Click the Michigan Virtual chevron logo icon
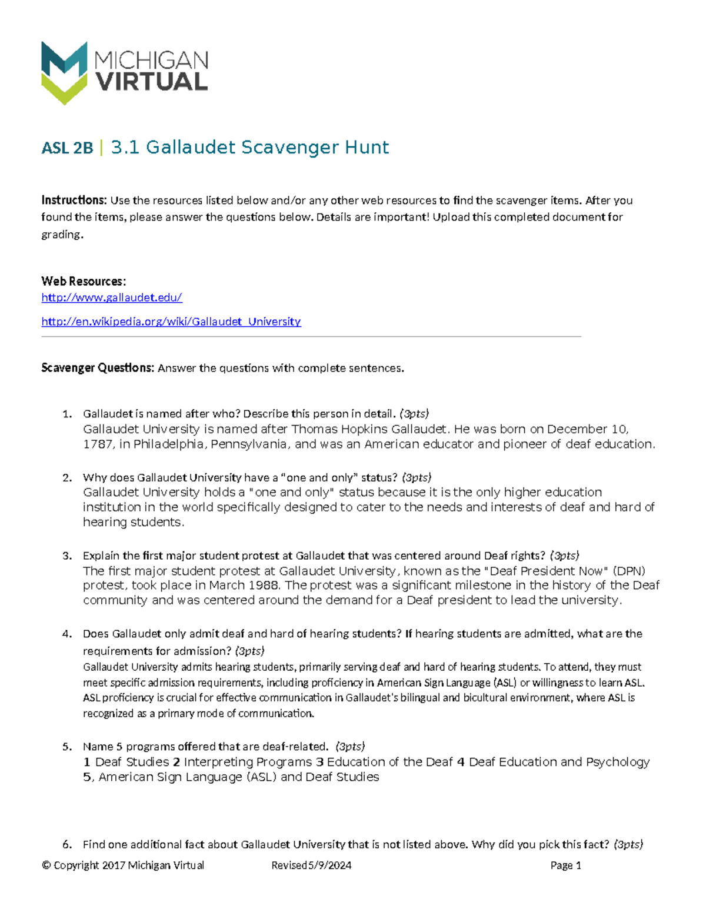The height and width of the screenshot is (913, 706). coord(64,72)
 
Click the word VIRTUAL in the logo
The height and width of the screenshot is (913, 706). coord(152,82)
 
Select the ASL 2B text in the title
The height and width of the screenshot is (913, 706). coord(67,148)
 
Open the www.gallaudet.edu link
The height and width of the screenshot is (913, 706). coord(112,297)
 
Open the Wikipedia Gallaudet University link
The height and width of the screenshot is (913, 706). coord(171,322)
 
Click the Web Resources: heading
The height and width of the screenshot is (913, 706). coord(84,281)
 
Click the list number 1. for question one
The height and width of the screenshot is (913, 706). coord(67,414)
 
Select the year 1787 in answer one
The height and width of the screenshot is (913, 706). coord(98,444)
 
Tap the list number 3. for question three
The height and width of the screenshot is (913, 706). coord(67,556)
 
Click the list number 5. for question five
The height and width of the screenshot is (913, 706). coord(67,747)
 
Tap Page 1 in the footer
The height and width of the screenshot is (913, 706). coord(565,865)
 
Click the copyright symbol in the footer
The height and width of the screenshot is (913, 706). coord(46,865)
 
